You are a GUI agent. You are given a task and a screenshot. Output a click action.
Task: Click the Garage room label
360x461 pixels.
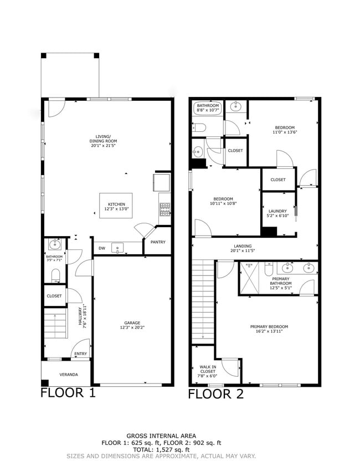(132, 325)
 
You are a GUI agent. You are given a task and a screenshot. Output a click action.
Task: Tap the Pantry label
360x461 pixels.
(158, 242)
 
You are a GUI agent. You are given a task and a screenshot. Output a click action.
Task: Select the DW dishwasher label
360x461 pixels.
(102, 248)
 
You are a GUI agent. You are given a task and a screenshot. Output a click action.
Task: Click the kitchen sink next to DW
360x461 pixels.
(119, 248)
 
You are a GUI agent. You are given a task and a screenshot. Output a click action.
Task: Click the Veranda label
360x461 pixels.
(69, 375)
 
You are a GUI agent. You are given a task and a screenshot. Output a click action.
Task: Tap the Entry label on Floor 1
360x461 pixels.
(80, 355)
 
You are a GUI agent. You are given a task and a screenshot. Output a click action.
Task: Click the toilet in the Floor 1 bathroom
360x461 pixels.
(55, 275)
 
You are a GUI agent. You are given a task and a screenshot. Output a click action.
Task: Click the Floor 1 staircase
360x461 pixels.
(55, 325)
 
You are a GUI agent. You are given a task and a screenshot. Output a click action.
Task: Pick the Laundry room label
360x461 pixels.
(277, 212)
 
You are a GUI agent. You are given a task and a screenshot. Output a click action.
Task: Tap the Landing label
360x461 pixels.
(243, 248)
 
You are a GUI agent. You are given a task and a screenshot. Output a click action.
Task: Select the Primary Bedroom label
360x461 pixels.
(269, 329)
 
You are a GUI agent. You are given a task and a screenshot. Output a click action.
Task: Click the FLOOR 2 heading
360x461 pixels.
(215, 394)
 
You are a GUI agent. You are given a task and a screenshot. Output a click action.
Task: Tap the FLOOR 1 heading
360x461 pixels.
(68, 393)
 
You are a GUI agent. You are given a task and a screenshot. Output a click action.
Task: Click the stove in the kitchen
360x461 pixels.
(164, 209)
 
